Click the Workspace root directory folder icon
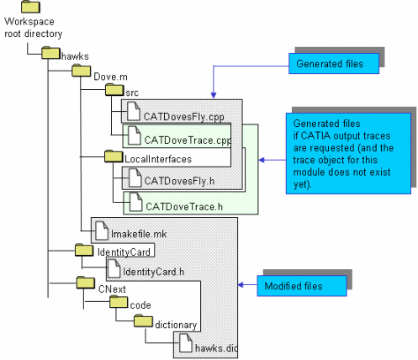coord(30,7)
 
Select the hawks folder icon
coord(50,52)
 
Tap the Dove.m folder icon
coord(81,71)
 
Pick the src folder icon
coord(114,89)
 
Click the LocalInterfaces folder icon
coord(114,156)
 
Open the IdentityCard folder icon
coord(84,250)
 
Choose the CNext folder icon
coord(86,283)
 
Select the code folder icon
coord(119,302)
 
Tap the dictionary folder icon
coord(143,320)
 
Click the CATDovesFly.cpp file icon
coord(134,111)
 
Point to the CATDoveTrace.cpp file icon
coord(135,135)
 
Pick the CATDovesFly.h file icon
coord(135,177)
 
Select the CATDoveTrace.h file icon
coord(136,202)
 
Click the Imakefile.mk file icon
coord(102,230)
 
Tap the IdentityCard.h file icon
coord(114,268)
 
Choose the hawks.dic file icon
coord(186,343)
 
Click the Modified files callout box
coord(302,286)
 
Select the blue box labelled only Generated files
coord(334,64)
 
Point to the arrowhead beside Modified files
coord(241,285)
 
